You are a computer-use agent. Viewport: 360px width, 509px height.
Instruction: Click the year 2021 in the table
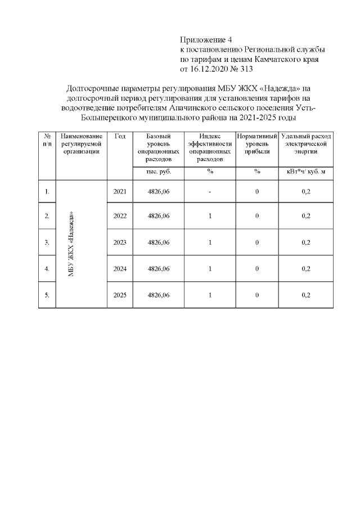(x=120, y=192)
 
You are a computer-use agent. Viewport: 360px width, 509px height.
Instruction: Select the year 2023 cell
(x=120, y=242)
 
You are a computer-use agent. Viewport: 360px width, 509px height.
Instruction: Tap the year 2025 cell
(x=120, y=295)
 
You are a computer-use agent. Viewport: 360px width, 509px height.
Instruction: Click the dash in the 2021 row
(x=209, y=192)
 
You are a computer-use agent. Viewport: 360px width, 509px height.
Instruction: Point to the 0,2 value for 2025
(x=306, y=295)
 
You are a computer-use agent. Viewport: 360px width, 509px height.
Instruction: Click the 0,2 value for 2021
(x=306, y=192)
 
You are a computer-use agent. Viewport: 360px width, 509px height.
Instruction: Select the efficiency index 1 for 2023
(x=209, y=242)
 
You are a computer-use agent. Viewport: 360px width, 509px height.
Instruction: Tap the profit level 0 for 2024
(x=256, y=269)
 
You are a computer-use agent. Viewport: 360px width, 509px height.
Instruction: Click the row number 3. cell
(x=47, y=242)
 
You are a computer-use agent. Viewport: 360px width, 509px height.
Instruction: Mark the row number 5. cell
(x=47, y=295)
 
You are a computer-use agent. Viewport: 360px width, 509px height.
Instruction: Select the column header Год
(x=120, y=137)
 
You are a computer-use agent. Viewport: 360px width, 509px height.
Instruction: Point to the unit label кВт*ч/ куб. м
(x=306, y=172)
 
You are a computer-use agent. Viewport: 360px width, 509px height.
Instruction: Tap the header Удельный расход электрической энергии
(x=306, y=143)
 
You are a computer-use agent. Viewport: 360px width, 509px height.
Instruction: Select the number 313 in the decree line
(x=246, y=70)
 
